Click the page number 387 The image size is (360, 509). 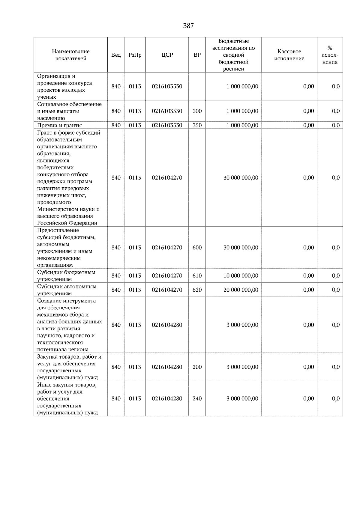pos(188,26)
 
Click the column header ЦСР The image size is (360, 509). pos(167,55)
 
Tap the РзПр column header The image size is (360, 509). pos(135,55)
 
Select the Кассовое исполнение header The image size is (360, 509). pos(289,55)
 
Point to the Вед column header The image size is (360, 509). pos(116,55)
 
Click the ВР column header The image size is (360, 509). pos(197,55)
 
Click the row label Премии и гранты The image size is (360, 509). pos(59,125)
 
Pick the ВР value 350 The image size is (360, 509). pos(197,125)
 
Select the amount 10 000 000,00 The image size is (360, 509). pos(241,275)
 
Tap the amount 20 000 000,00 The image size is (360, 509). pos(241,290)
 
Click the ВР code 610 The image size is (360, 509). pos(197,275)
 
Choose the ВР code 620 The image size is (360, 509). pos(197,290)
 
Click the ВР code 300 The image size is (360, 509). pos(197,111)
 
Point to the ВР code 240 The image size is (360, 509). pos(197,398)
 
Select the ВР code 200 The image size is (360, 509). pos(197,367)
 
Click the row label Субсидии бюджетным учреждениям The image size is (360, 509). pos(66,275)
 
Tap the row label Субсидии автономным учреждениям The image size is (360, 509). pos(67,290)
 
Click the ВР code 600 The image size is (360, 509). pos(197,248)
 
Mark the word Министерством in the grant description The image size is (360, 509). pos(56,209)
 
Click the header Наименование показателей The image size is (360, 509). pos(70,55)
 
